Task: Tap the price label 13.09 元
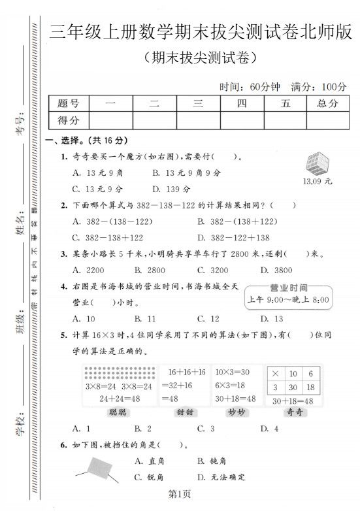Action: (318, 181)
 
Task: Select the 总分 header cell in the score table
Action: (327, 103)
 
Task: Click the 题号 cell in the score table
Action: (68, 103)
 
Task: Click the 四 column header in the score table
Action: (242, 103)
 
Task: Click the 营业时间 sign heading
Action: (288, 288)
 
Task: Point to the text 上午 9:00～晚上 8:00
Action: (288, 301)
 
